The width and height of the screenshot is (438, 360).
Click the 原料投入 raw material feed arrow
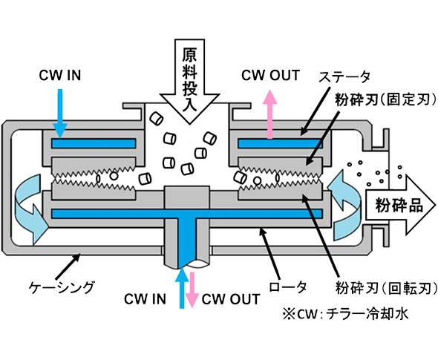click(189, 81)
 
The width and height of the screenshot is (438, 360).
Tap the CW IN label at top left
click(60, 76)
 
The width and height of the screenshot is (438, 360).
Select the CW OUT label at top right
click(270, 76)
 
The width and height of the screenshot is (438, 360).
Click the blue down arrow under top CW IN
click(60, 114)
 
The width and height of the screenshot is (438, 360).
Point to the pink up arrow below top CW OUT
click(269, 114)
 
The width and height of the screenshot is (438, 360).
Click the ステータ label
click(344, 77)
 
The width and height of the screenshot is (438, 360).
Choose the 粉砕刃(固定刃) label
click(385, 99)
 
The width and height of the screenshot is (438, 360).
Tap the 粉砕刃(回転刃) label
click(386, 288)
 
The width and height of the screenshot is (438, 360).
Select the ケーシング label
click(62, 287)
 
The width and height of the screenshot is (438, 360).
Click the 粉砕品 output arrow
click(400, 205)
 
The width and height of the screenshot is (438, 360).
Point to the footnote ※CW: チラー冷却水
click(345, 314)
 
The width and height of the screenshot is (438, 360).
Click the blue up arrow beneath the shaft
click(182, 288)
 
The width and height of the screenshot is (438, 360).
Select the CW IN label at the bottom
click(145, 299)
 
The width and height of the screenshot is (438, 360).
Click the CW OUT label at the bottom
click(231, 299)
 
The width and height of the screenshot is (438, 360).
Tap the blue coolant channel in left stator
click(94, 143)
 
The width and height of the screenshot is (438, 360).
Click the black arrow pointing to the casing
click(68, 266)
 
